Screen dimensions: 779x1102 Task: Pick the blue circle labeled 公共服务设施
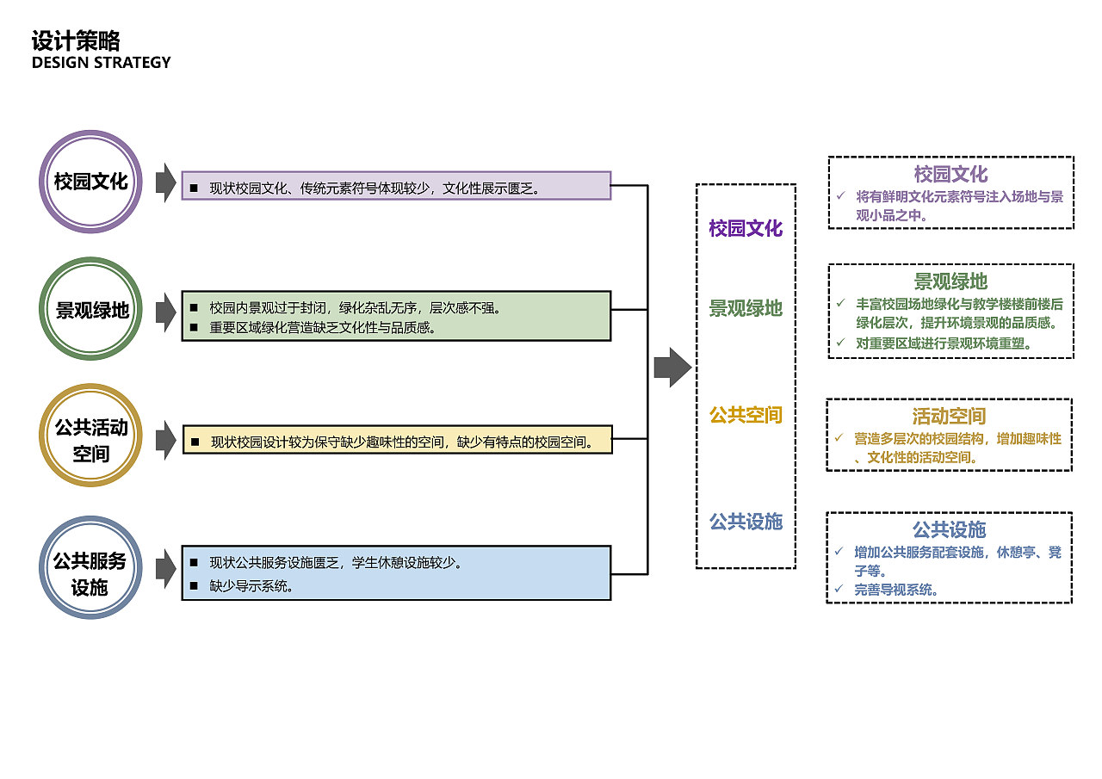coord(90,567)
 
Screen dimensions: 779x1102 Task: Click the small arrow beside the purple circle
coord(165,182)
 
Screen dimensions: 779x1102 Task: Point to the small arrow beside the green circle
coord(165,311)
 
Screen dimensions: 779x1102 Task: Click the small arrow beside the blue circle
coord(165,568)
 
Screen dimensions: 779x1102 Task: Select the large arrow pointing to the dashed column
coord(672,368)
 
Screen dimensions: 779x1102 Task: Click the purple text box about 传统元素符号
coord(396,186)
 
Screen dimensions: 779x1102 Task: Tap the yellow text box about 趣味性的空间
coord(397,440)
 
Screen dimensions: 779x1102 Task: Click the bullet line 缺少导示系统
coord(251,587)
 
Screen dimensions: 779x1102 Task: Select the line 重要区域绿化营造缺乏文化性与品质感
coord(320,327)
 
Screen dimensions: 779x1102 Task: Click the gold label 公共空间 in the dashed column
coord(746,415)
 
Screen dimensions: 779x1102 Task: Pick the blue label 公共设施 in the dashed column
coord(746,522)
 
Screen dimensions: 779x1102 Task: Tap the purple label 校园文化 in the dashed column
coord(746,228)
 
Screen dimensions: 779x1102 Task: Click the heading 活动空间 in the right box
coord(949,417)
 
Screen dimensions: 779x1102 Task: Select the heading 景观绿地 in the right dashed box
coord(950,281)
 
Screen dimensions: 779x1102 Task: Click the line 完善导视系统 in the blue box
coord(895,590)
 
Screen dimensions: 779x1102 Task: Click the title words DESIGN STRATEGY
coord(102,63)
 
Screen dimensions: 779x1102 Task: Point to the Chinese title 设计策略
coord(76,40)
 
